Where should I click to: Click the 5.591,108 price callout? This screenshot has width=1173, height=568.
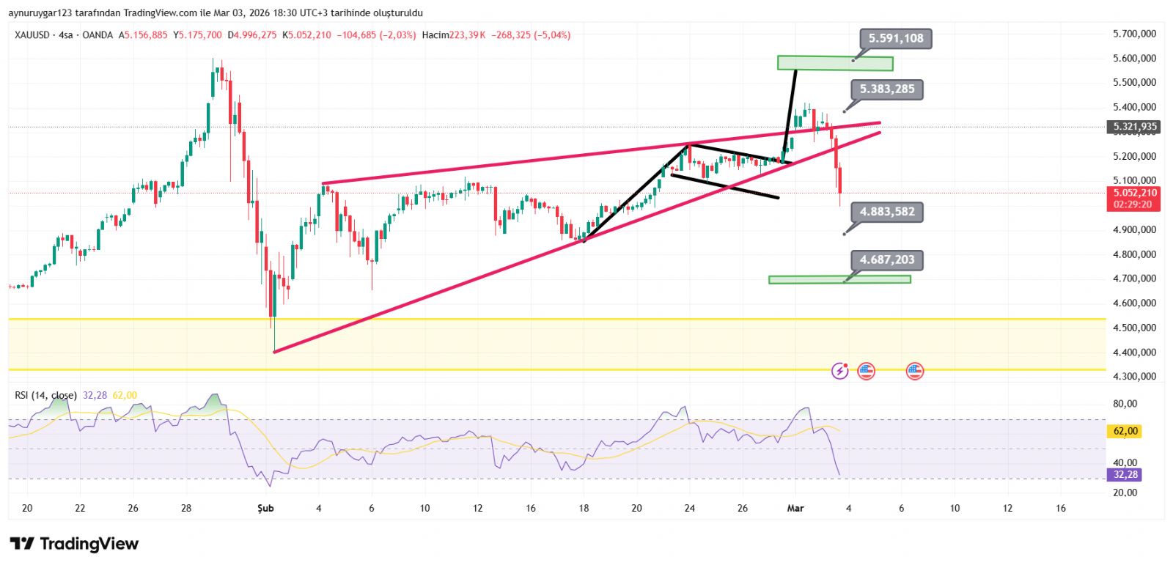[895, 39]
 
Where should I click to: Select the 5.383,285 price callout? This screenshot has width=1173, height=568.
[887, 89]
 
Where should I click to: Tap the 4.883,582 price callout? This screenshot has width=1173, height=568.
[887, 212]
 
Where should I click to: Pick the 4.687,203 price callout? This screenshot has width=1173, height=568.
[887, 259]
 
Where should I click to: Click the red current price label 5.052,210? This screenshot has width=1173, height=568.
[1134, 193]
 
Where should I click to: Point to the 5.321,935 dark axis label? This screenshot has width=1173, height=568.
[1134, 127]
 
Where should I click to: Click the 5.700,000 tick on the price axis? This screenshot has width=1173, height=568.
[1134, 34]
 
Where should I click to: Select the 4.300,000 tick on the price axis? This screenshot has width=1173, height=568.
[1134, 377]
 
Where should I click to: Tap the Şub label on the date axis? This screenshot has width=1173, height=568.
[265, 508]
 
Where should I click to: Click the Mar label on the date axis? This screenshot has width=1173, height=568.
[795, 508]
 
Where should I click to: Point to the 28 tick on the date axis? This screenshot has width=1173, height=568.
[186, 508]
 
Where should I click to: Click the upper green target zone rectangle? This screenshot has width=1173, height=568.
[834, 63]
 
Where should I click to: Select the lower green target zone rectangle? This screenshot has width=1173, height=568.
[839, 279]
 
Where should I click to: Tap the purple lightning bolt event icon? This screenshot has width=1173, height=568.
[839, 371]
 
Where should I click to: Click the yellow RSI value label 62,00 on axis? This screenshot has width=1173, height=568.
[1125, 431]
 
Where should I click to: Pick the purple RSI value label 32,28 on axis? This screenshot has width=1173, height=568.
[1125, 475]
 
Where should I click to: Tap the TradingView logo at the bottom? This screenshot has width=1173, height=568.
[74, 544]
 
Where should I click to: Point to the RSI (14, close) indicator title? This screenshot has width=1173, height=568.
[45, 396]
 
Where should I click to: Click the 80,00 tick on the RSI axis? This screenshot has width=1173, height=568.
[1125, 404]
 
